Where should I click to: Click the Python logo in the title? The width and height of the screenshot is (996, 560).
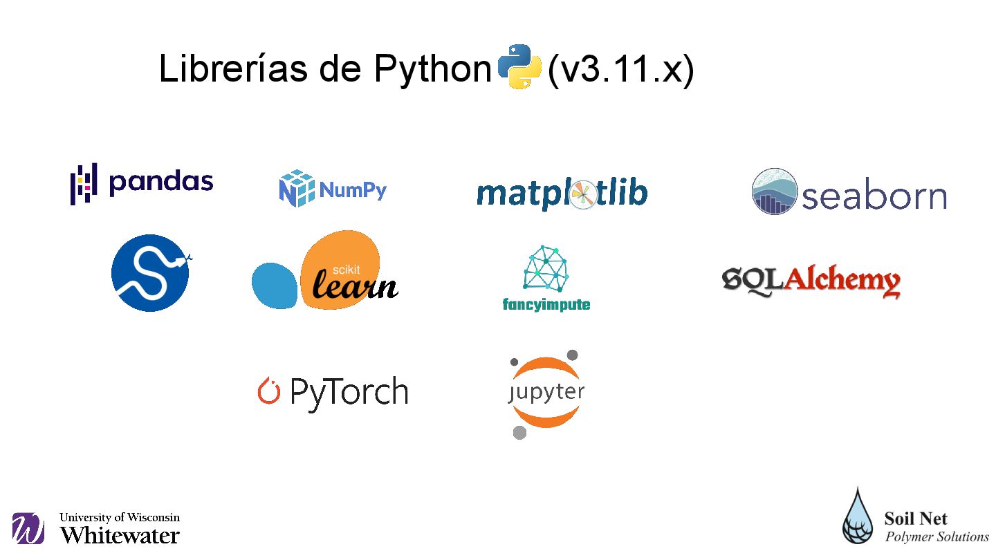coord(519,67)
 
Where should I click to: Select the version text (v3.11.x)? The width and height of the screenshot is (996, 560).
coord(620,69)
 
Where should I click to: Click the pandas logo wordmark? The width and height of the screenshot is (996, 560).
coord(160,182)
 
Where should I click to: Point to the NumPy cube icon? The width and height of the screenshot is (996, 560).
coord(296,188)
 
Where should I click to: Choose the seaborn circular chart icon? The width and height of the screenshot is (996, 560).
coord(775,192)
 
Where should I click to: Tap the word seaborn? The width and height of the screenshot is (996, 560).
coord(874,196)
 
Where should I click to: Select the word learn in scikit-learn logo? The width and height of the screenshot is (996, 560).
coord(355,285)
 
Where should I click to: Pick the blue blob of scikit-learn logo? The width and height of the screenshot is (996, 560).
coord(275,285)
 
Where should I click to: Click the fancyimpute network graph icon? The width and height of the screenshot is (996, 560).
coord(546,269)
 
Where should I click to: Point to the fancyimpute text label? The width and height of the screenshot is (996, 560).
coord(546,304)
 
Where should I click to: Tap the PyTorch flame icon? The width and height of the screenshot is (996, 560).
coord(268,391)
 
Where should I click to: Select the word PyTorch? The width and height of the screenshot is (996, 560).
coord(349,393)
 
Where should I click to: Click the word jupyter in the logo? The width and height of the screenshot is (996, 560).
coord(546,393)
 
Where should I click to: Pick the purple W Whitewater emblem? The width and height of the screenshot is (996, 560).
coord(28,529)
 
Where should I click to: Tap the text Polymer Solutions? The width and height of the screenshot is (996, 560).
coord(937,536)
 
